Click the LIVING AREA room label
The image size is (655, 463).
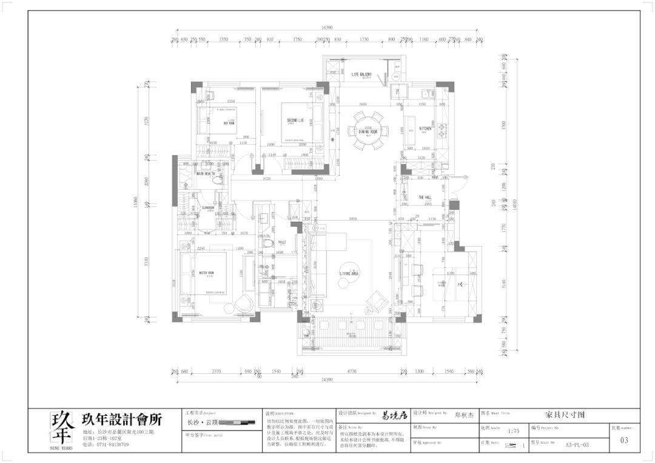pos(349,274)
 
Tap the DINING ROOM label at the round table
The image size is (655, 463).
pos(368,132)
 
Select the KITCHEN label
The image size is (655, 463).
pos(426,128)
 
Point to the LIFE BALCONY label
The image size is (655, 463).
pos(362,75)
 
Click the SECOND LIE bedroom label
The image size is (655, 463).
pos(295,121)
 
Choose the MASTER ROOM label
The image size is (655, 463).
pos(206,273)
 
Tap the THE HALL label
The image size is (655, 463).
pos(425,198)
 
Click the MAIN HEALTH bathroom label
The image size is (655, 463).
pos(205,174)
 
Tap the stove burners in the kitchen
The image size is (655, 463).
pos(442,128)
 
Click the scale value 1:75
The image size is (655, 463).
pos(513,431)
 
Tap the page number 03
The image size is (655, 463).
pos(624,441)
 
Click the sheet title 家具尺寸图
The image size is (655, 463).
pos(565,416)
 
